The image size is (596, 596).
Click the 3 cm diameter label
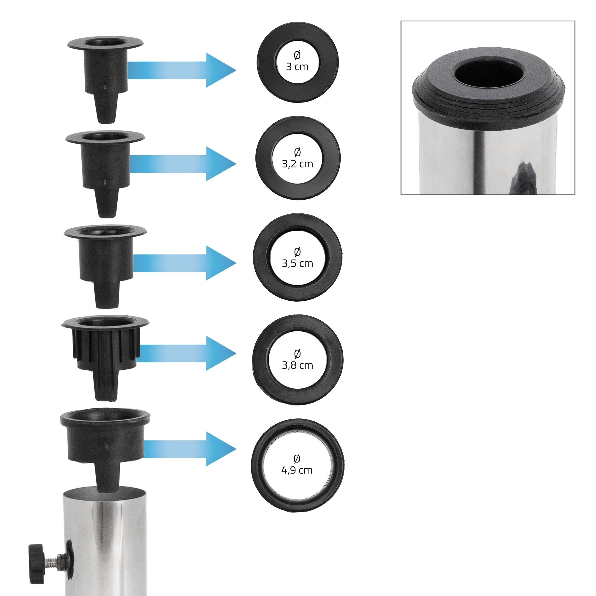[x=297, y=61]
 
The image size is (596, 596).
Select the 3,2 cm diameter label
[x=297, y=158]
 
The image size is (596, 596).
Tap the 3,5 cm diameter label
[x=297, y=257]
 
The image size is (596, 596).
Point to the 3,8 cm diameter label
[x=297, y=359]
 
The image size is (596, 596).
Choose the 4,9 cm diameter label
[x=297, y=464]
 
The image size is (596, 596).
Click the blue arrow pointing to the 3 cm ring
[x=182, y=70]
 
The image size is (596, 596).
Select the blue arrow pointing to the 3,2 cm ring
[x=183, y=164]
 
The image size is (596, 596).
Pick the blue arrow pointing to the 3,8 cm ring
[x=186, y=353]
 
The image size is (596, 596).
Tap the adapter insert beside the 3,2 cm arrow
[x=105, y=174]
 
